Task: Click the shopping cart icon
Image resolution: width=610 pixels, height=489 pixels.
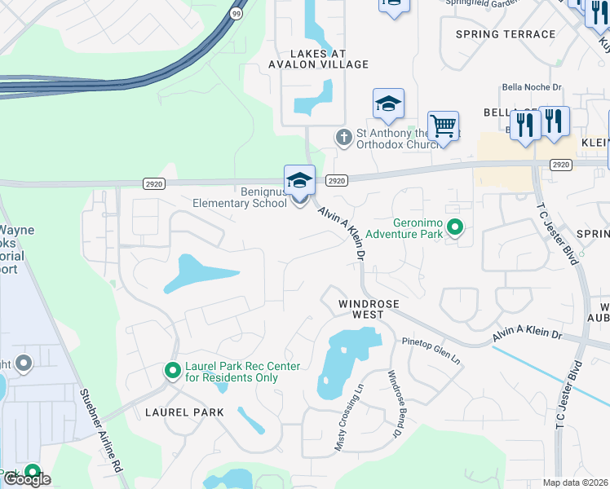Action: click(443, 127)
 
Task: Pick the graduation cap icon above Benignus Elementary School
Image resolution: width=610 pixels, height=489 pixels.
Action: click(299, 180)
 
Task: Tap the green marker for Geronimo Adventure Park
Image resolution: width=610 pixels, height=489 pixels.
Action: click(455, 227)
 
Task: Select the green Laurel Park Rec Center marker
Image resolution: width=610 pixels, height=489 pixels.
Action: click(173, 372)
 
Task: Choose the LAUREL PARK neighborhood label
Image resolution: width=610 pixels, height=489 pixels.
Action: click(184, 412)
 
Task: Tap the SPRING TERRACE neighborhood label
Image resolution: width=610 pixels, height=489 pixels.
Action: click(505, 34)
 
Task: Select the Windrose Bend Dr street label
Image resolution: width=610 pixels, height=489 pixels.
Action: click(395, 404)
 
